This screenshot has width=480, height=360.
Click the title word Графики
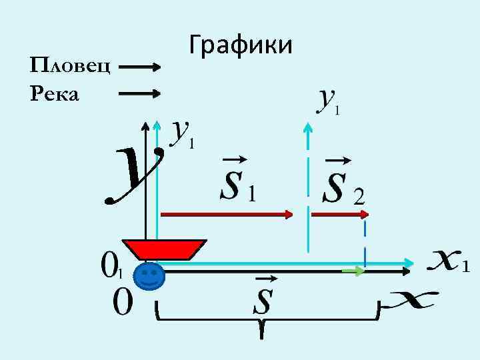(x=241, y=45)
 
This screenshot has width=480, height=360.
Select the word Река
(x=55, y=94)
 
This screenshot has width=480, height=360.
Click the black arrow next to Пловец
(x=139, y=67)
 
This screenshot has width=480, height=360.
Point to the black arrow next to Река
(x=139, y=94)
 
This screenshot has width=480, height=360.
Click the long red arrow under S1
(x=227, y=214)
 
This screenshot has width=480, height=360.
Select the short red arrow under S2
(x=340, y=214)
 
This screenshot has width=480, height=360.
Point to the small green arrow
(x=353, y=271)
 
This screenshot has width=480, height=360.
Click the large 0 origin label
(x=123, y=303)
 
